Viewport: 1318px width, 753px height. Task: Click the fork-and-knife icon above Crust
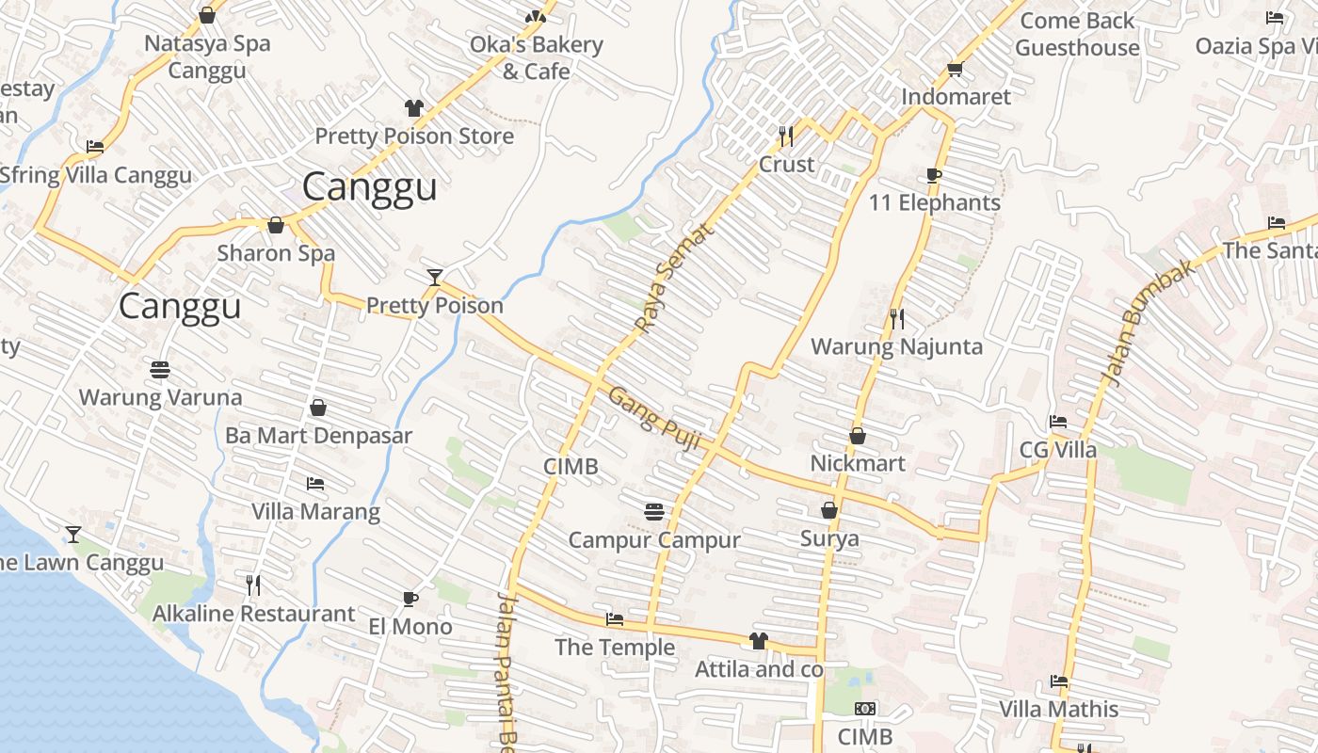click(786, 136)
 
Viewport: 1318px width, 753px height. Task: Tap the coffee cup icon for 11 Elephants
click(933, 175)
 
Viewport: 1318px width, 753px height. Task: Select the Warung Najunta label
click(896, 346)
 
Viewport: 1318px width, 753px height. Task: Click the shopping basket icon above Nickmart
click(857, 436)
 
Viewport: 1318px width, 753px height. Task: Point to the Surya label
click(829, 538)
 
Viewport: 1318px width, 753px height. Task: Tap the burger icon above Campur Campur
click(655, 511)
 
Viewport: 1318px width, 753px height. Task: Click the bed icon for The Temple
click(615, 619)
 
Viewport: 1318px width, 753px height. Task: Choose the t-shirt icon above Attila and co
click(758, 641)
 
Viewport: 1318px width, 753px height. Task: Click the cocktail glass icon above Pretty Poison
click(434, 277)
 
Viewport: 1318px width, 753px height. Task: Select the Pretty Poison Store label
click(414, 136)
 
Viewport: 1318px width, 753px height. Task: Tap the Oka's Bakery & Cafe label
click(536, 57)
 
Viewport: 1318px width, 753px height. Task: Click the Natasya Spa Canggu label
click(207, 56)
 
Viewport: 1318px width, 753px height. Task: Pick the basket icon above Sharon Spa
click(276, 225)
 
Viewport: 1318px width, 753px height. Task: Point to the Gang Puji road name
click(654, 417)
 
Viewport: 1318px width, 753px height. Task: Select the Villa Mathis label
click(1058, 709)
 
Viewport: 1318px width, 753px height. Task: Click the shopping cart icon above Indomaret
click(955, 69)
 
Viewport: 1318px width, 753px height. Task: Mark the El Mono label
click(410, 626)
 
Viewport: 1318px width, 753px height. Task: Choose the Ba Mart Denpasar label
click(318, 436)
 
